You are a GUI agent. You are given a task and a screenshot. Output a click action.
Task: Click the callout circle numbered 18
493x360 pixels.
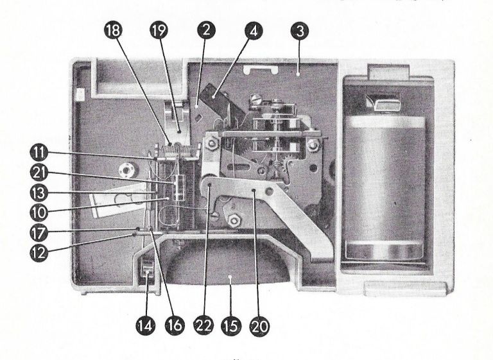(x=113, y=31)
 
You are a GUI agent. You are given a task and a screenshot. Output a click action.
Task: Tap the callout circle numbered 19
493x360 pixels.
(x=159, y=31)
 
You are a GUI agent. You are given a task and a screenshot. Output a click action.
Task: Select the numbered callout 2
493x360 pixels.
(x=206, y=31)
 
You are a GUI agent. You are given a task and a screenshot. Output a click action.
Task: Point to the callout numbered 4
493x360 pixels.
(x=254, y=31)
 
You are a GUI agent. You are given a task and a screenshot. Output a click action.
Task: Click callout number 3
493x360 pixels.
(x=300, y=31)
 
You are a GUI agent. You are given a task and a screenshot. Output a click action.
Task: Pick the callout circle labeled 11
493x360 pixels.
(x=39, y=153)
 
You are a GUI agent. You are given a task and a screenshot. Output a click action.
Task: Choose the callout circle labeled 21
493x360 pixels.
(x=39, y=173)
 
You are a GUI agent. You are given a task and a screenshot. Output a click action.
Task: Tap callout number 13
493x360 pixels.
(x=39, y=193)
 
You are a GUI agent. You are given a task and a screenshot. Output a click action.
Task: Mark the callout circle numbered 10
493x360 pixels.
(x=39, y=213)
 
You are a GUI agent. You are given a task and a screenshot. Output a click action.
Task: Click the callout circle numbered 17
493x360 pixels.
(x=39, y=233)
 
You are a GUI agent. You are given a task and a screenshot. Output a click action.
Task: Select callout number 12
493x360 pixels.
(x=39, y=252)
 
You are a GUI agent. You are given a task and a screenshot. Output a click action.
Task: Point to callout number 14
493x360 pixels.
(x=145, y=325)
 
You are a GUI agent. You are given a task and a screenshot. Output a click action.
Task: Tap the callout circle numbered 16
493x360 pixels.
(x=175, y=325)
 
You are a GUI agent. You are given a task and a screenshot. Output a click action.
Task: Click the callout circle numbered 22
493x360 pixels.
(x=203, y=325)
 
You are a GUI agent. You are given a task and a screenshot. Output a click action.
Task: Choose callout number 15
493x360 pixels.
(x=231, y=326)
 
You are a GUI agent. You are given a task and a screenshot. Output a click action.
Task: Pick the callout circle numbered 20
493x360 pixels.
(x=259, y=326)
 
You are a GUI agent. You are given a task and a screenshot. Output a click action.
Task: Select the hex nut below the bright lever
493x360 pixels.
(x=233, y=220)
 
